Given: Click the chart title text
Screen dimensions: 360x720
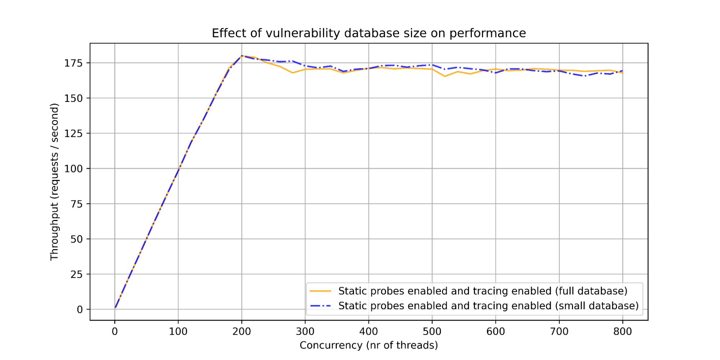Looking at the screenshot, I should tap(368, 33).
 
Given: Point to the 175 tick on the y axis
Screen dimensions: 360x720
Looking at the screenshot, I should tap(73, 63).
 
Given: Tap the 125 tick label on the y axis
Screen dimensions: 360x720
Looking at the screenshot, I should tap(73, 134).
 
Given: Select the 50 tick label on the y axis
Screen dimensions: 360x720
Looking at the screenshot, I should tap(76, 239).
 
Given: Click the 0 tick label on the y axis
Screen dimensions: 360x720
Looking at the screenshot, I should tap(80, 310).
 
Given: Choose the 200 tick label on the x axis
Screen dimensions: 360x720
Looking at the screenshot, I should tap(241, 332).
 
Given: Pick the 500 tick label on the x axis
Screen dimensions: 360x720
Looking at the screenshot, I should tap(432, 332).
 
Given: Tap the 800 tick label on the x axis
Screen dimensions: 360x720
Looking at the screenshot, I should tap(622, 332).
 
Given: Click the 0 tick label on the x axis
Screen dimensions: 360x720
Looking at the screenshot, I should tap(115, 332).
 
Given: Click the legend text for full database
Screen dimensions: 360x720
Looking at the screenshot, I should tap(483, 291).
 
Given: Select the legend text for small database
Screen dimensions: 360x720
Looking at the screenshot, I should tap(488, 306).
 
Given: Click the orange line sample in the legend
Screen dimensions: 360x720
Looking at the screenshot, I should tap(320, 291).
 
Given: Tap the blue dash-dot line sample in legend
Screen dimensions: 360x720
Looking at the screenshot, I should tap(320, 306).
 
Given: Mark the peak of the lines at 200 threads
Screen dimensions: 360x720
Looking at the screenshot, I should tap(242, 56).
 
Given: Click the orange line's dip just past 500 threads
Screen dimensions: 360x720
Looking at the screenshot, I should tap(445, 76).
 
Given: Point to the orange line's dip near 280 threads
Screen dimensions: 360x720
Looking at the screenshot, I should tap(292, 73).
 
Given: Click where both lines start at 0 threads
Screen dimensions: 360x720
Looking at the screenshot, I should tap(115, 308).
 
